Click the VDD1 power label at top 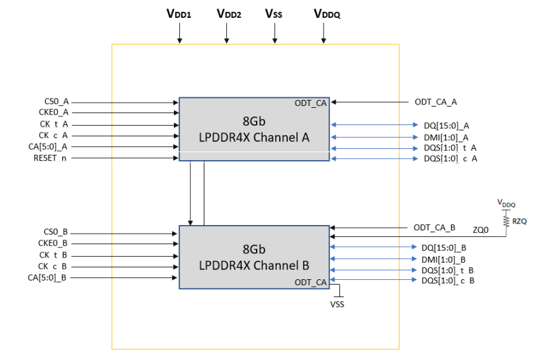[179, 13]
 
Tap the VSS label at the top [274, 13]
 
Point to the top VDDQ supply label [327, 13]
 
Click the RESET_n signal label [52, 158]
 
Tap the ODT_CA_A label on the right [436, 102]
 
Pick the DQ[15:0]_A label [446, 125]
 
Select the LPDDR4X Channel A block [254, 129]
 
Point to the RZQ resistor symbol [506, 220]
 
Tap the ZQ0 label [482, 230]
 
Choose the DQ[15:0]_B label [444, 247]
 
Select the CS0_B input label [56, 232]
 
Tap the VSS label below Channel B [337, 304]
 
